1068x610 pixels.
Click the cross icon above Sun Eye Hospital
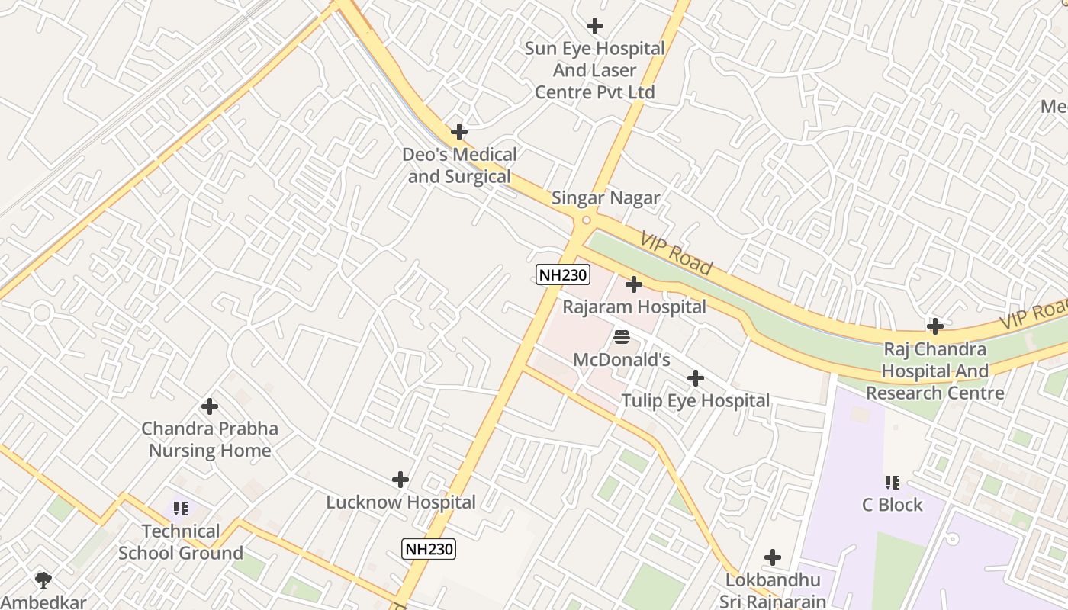click(x=595, y=26)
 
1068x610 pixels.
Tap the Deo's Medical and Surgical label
click(x=459, y=165)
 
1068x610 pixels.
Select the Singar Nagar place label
click(x=606, y=198)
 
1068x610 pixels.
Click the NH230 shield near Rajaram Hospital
click(x=563, y=275)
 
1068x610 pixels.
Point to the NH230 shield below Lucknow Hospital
click(x=429, y=548)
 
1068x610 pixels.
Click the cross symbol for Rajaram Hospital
click(x=634, y=284)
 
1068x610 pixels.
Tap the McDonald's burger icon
click(x=621, y=336)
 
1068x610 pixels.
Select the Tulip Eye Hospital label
click(x=695, y=401)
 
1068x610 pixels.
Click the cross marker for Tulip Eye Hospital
click(x=695, y=378)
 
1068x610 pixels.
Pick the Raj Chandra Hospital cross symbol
click(x=934, y=326)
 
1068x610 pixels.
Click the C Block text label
click(x=892, y=505)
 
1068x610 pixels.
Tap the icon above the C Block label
click(x=892, y=482)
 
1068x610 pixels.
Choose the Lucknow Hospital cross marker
click(x=400, y=480)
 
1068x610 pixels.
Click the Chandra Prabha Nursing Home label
click(x=210, y=439)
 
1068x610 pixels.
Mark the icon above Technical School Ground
click(x=180, y=508)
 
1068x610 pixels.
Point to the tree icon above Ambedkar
click(x=43, y=579)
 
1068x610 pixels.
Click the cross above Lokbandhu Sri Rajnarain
click(x=773, y=557)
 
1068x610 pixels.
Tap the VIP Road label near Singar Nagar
click(x=676, y=254)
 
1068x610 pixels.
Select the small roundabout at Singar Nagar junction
click(x=586, y=220)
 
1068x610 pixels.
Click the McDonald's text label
click(x=621, y=359)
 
